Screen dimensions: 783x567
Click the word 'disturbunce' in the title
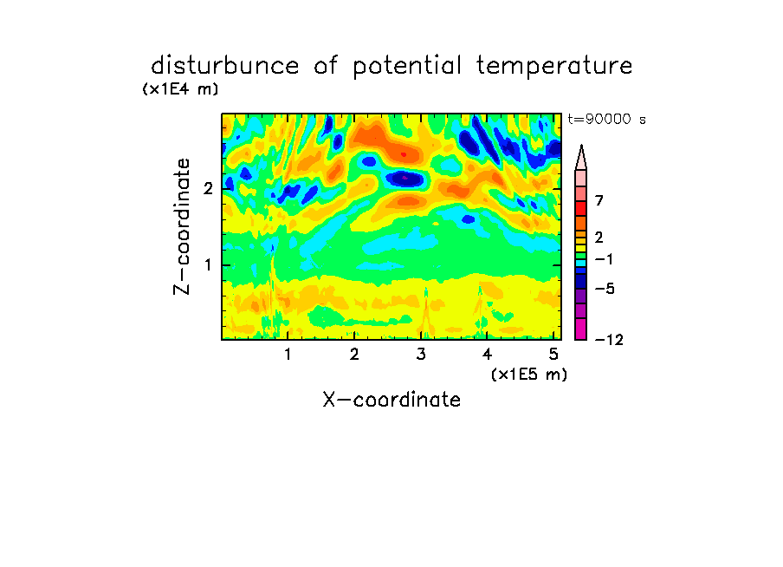pos(224,66)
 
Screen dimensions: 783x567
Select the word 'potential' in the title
pos(407,67)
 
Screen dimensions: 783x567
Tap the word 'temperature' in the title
pos(554,66)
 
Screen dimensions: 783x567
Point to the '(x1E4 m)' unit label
pos(180,89)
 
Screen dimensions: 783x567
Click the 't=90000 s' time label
pos(606,119)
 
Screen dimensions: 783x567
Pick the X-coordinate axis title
pos(391,400)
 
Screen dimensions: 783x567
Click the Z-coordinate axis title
pos(182,226)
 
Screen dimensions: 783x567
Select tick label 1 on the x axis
pos(288,355)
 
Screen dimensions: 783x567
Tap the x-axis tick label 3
pos(421,355)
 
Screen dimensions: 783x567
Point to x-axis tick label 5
pos(553,355)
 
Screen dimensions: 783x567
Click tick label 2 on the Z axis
pos(208,188)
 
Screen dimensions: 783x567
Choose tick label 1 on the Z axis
pos(209,264)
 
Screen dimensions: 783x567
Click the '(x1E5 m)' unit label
pos(529,375)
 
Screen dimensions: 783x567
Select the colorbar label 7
pos(599,200)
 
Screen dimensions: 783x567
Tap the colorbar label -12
pos(609,340)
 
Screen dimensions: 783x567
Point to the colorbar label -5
pos(605,289)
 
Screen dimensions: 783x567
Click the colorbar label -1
pos(604,259)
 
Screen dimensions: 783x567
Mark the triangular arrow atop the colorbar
pos(581,158)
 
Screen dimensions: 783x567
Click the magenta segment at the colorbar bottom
pos(581,329)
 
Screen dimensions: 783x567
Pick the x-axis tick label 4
pos(487,355)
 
